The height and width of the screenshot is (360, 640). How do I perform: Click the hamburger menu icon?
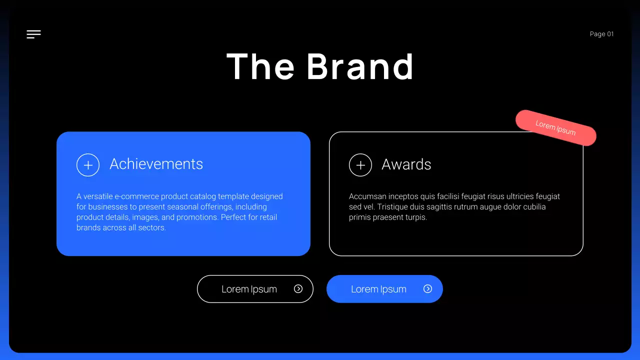33,34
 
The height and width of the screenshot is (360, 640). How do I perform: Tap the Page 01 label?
601,34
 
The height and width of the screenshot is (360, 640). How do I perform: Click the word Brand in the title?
360,66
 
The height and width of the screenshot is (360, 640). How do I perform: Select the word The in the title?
260,66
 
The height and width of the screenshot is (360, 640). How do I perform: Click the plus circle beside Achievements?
88,165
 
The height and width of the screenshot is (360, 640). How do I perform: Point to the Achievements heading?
156,164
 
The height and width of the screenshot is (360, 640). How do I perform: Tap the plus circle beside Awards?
360,165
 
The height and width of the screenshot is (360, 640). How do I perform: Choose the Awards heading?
406,164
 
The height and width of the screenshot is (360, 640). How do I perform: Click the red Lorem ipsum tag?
556,128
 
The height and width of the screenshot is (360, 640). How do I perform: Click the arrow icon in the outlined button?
298,288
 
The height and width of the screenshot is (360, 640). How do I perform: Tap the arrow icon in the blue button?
427,288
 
